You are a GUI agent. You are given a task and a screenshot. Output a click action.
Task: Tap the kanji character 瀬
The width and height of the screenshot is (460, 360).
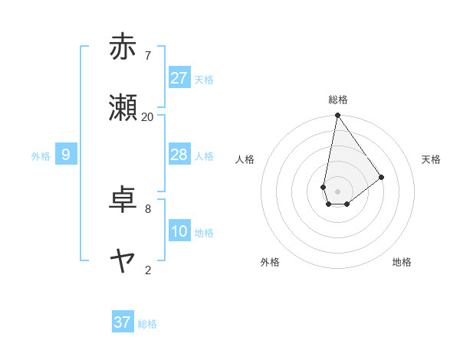point(123,109)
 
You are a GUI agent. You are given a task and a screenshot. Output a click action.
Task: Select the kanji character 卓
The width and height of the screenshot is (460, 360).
point(123,201)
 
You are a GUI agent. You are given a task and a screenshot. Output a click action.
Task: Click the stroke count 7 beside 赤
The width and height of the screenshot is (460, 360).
point(148,55)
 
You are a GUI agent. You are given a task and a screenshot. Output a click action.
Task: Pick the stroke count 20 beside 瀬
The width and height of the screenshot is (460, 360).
point(148,116)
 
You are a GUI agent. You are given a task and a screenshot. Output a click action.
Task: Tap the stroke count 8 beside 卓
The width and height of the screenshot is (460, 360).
point(148,208)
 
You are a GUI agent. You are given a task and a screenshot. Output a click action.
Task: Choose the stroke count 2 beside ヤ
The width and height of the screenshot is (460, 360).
point(148,270)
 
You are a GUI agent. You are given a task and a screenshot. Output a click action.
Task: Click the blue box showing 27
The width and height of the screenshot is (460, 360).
point(179,78)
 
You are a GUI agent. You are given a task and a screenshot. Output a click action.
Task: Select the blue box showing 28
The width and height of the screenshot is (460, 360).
point(179,155)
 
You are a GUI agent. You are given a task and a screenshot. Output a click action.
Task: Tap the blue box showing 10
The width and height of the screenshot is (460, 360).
point(179,231)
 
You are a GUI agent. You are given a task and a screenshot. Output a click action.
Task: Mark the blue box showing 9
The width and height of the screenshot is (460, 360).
point(66,155)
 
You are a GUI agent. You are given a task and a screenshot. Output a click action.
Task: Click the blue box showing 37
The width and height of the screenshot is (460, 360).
point(123,322)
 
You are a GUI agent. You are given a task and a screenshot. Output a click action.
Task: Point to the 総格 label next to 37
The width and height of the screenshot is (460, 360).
point(147,324)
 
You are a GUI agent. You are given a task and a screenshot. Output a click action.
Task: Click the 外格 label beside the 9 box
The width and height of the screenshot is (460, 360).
point(41,156)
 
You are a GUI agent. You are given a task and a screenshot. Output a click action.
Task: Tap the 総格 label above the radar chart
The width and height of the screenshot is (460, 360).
point(338,100)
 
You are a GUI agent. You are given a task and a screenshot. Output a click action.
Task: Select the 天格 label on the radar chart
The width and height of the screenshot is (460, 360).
point(431,159)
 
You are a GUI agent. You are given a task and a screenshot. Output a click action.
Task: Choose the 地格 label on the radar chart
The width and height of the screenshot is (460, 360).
point(402,262)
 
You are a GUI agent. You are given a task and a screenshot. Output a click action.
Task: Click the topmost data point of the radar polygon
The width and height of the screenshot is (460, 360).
point(337,116)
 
